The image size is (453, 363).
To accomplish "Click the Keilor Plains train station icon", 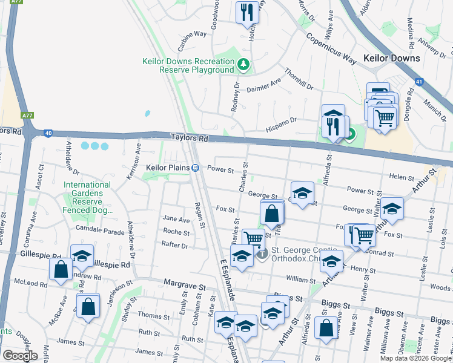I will [196, 168].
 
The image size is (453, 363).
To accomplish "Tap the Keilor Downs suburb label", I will [391, 59].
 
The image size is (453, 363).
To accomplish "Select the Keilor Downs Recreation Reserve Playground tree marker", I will [243, 63].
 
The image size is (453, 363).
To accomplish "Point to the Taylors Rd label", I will [189, 139].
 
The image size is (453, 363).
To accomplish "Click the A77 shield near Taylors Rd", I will [27, 114].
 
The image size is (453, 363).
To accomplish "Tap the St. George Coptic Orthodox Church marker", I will [261, 254].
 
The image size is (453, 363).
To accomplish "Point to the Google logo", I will [20, 356].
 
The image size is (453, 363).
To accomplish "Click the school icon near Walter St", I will [392, 208].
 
